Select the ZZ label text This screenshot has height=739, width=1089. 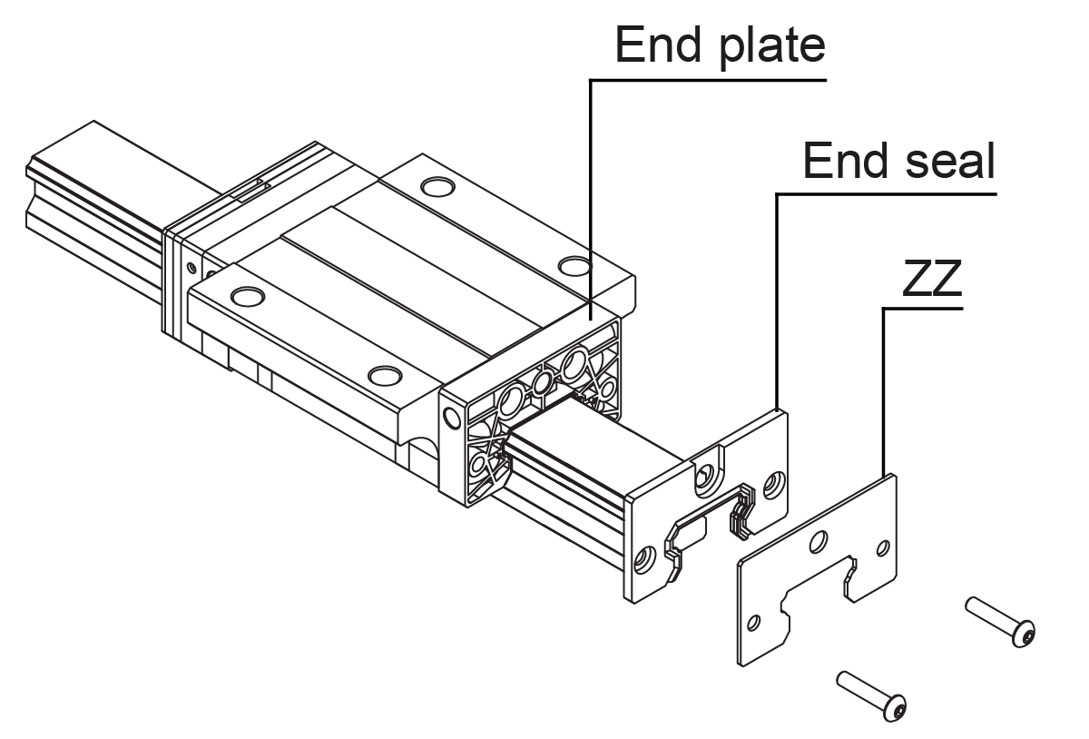932,282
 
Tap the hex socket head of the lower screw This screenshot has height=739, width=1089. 896,708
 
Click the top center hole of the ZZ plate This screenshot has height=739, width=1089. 820,542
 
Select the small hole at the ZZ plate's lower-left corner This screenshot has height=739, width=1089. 752,624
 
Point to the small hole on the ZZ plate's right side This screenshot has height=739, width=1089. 884,547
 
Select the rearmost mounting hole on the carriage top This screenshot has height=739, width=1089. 437,188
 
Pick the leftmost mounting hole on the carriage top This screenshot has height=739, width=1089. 245,296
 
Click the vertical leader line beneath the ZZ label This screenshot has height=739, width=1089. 884,390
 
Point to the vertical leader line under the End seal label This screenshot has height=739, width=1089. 777,300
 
